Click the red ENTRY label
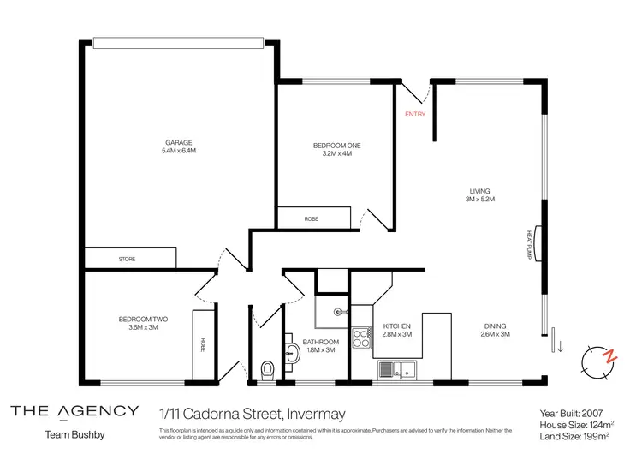click(x=414, y=114)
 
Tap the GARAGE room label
click(x=179, y=142)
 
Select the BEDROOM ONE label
click(x=336, y=146)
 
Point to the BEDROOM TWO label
click(x=143, y=320)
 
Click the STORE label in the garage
click(x=126, y=259)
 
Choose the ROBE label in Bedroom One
click(x=312, y=219)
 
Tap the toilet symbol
click(x=268, y=368)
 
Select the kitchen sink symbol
click(x=396, y=369)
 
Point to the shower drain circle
click(x=338, y=312)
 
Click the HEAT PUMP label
click(x=530, y=244)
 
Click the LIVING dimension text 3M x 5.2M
click(x=479, y=199)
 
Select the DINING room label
click(x=495, y=326)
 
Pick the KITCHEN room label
click(x=397, y=326)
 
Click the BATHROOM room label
click(x=318, y=342)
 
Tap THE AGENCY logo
click(x=74, y=410)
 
